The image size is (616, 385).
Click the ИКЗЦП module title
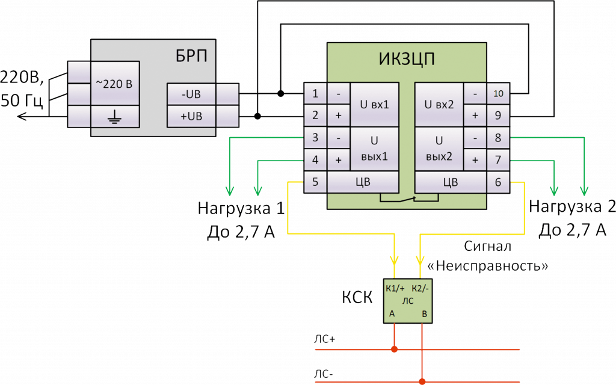coord(407,60)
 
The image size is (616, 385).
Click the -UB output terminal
coord(191,94)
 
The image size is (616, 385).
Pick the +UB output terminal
coord(191,115)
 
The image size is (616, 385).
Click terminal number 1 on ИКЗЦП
coord(315,94)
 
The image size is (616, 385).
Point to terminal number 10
coord(499,94)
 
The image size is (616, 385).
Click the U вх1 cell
coord(374,104)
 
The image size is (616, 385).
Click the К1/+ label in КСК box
coord(395,288)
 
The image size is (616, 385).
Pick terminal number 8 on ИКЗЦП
coord(499,138)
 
